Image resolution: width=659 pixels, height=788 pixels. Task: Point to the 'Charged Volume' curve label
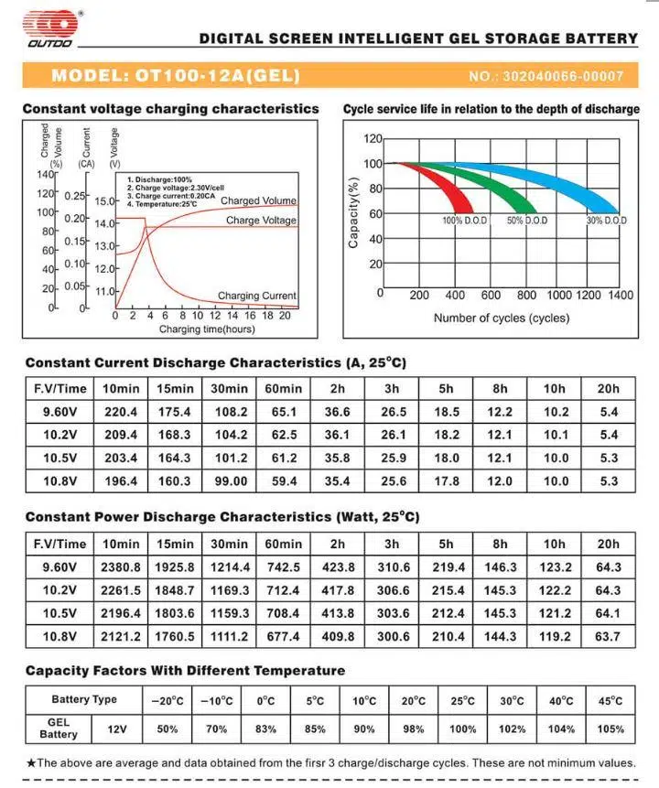(x=258, y=200)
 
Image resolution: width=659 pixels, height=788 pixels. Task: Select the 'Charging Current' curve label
(x=256, y=296)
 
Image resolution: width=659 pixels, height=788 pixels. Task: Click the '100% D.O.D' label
(x=465, y=221)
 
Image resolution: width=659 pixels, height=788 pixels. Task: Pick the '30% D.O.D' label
(x=606, y=221)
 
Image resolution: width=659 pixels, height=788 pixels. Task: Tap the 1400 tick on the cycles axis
(x=620, y=296)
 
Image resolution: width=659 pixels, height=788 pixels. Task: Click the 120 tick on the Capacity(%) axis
(x=372, y=139)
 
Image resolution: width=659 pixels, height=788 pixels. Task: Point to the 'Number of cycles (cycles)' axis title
(x=501, y=318)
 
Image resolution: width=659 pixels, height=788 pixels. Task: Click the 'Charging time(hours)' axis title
(x=207, y=328)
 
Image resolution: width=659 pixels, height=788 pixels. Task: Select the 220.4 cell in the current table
(x=121, y=413)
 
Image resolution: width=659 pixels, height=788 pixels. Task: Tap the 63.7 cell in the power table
(x=608, y=635)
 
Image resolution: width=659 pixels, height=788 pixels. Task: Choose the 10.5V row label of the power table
(x=59, y=612)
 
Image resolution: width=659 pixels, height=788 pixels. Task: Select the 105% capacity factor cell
(x=609, y=729)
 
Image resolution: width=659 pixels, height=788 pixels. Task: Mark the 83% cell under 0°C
(x=266, y=729)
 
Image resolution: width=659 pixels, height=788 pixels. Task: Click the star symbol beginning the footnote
(x=31, y=762)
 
